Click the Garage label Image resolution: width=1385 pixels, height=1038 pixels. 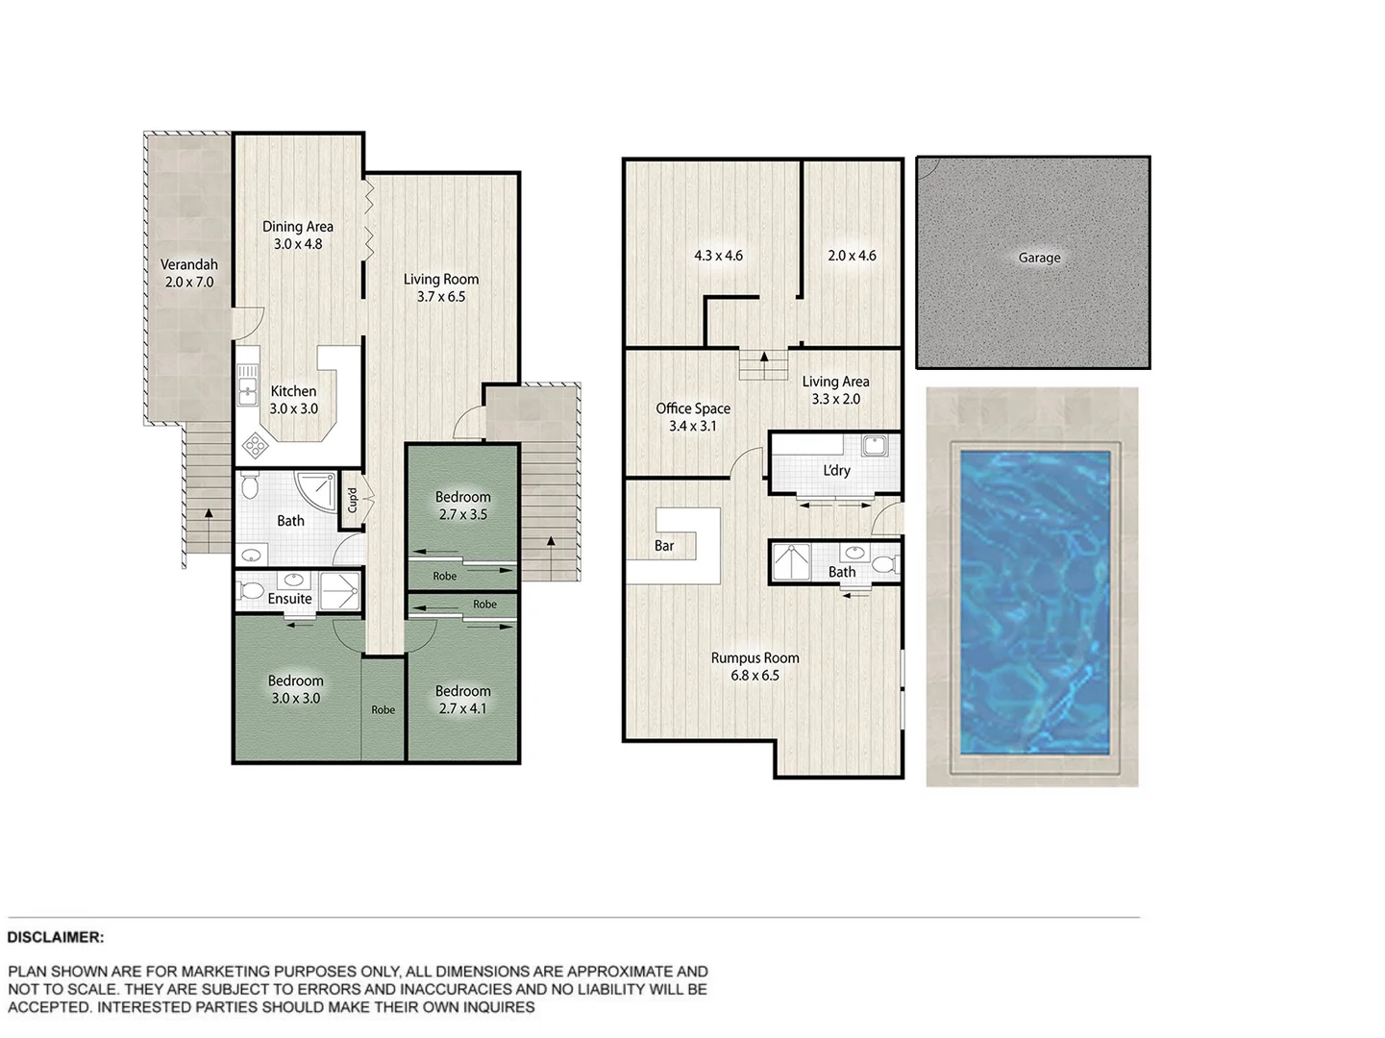point(1039,258)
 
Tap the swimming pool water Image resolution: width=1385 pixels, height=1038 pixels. point(1033,603)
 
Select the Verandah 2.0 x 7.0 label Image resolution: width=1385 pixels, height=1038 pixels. point(188,273)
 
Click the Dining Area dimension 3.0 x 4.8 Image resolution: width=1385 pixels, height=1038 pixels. point(298,244)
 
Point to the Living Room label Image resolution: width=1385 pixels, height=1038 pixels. point(440,280)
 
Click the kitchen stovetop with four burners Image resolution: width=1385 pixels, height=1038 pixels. point(256,444)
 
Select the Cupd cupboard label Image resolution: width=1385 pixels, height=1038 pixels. point(352,500)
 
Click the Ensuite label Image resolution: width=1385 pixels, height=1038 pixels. point(289,599)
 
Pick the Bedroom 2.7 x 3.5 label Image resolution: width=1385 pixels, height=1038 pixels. point(462,506)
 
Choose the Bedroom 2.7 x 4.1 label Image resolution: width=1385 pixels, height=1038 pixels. point(462,700)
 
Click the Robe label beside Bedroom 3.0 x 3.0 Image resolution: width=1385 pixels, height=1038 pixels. point(383,710)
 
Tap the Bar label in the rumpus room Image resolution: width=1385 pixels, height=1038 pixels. point(664,546)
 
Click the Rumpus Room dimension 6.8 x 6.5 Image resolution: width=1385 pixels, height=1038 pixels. point(754,676)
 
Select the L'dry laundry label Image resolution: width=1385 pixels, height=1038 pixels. point(836,470)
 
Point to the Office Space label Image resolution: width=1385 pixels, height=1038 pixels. point(693,408)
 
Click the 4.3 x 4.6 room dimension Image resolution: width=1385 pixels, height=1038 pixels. point(718,256)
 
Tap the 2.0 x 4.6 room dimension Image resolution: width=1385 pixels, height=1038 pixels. point(852,256)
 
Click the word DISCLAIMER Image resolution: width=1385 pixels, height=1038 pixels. point(56,937)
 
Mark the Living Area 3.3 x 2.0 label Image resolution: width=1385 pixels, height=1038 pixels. point(835,390)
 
